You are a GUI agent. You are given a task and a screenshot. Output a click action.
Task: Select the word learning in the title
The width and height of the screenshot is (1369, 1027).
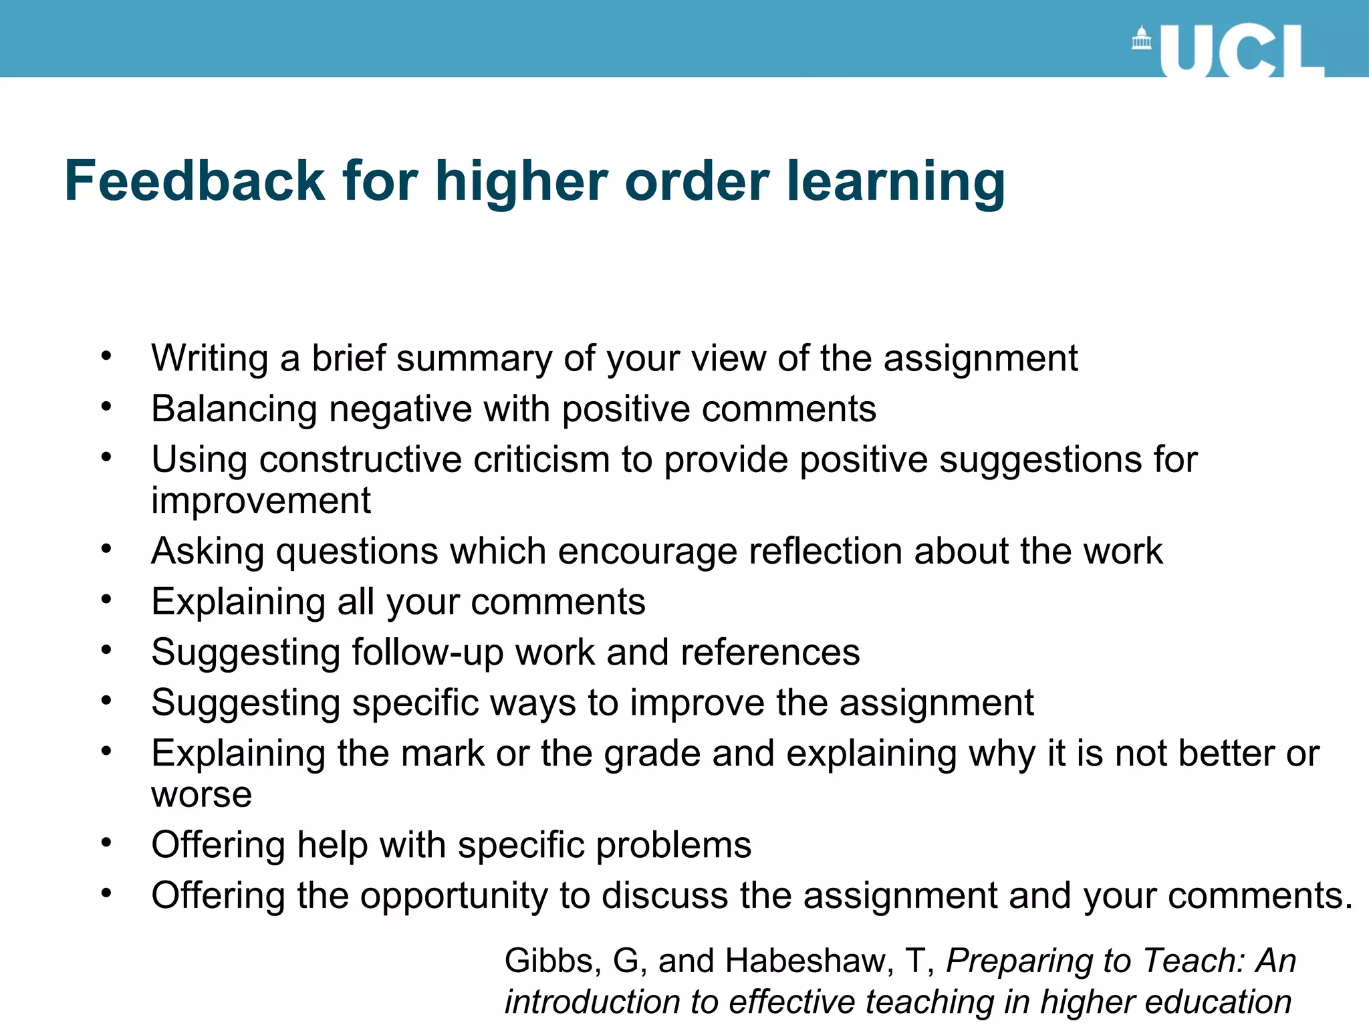pos(895,183)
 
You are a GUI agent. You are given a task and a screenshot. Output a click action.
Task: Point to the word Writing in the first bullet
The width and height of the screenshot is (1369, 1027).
pos(209,359)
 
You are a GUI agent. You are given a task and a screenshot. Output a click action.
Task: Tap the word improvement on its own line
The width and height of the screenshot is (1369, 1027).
pos(261,500)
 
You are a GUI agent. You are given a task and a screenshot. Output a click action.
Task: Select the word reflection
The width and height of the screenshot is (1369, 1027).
pos(826,552)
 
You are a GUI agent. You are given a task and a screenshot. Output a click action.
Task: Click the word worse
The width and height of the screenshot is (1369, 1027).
pos(201,795)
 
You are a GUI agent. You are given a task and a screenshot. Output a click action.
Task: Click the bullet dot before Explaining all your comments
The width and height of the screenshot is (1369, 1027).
pos(106,600)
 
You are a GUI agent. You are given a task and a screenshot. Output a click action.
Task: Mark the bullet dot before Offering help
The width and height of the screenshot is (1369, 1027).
pos(106,843)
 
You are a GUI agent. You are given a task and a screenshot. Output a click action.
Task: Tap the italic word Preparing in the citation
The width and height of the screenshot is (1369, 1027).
pos(1020,961)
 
